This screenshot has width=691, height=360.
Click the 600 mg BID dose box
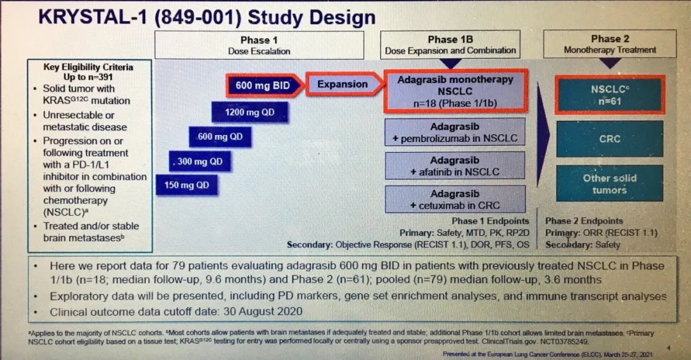pyautogui.click(x=264, y=85)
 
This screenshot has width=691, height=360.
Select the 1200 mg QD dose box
pyautogui.click(x=250, y=113)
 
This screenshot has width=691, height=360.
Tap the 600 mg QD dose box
pyautogui.click(x=220, y=137)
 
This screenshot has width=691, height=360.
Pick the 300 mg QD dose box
pyautogui.click(x=200, y=161)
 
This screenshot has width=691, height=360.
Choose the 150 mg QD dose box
pyautogui.click(x=187, y=185)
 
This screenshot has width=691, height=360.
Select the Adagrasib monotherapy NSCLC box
pyautogui.click(x=456, y=91)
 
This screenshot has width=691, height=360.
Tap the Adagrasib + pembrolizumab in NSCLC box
pyautogui.click(x=455, y=132)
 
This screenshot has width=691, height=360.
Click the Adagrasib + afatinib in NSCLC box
pyautogui.click(x=455, y=166)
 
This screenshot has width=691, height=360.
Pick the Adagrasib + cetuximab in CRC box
pyautogui.click(x=455, y=199)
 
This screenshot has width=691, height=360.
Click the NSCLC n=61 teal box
pyautogui.click(x=610, y=95)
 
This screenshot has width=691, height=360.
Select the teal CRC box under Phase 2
pyautogui.click(x=610, y=139)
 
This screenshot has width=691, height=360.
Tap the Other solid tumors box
pyautogui.click(x=610, y=184)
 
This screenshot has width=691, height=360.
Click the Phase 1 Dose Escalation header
pyautogui.click(x=259, y=45)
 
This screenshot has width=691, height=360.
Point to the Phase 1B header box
pyautogui.click(x=450, y=45)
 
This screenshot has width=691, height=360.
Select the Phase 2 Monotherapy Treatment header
pyautogui.click(x=610, y=44)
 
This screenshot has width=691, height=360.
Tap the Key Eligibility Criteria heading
pyautogui.click(x=88, y=67)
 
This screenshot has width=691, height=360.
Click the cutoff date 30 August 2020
pyautogui.click(x=263, y=311)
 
